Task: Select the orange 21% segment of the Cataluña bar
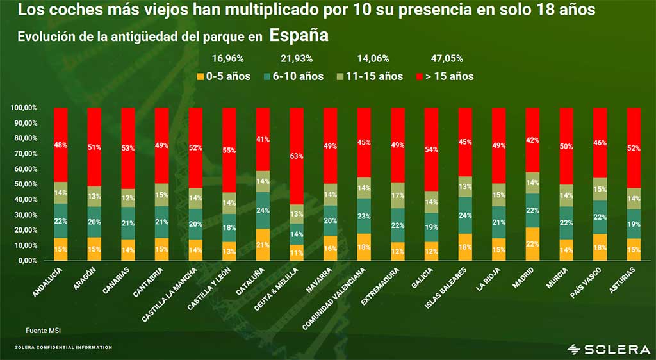point(263,244)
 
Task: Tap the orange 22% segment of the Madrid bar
point(533,243)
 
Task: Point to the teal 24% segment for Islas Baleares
point(466,215)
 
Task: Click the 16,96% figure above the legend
point(229,59)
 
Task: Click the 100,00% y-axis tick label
point(24,108)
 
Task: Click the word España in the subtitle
point(299,35)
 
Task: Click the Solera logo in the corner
point(608,348)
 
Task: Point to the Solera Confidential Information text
point(63,348)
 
